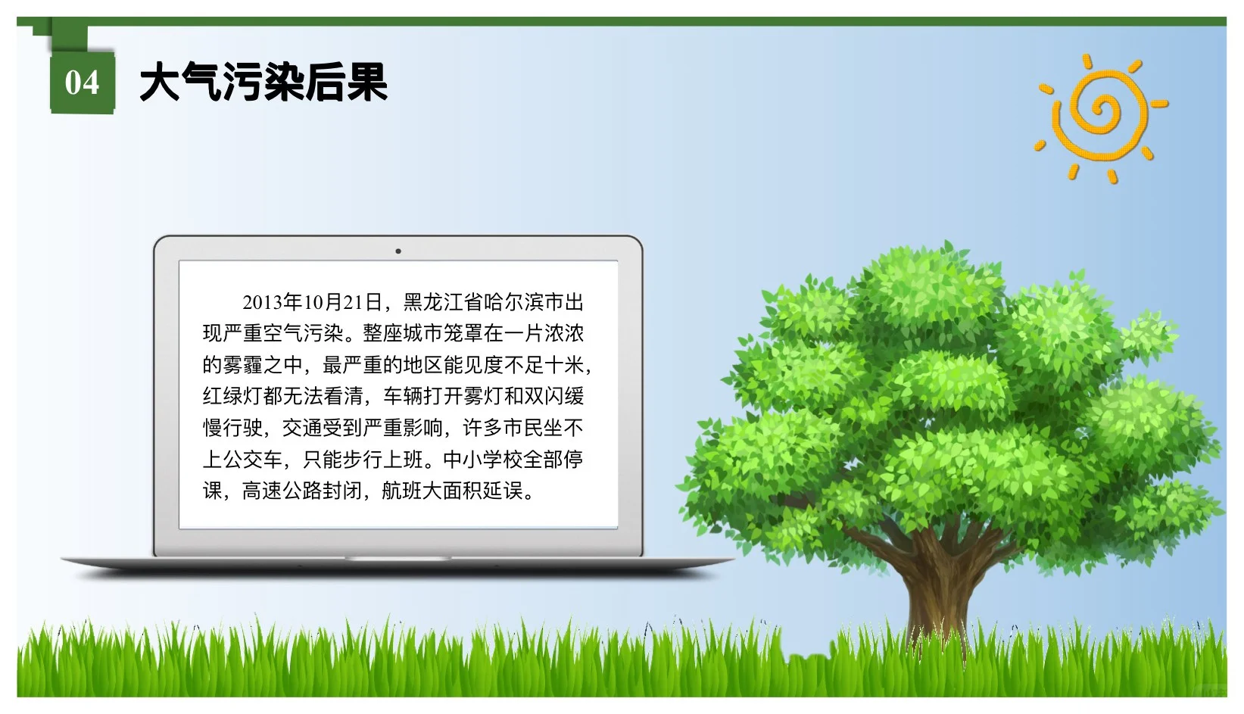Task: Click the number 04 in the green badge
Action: click(82, 83)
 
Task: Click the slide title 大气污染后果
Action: click(263, 83)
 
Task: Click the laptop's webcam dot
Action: click(398, 251)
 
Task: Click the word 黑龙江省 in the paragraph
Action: click(443, 303)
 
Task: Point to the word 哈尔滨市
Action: click(523, 303)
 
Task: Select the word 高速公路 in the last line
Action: click(282, 491)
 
